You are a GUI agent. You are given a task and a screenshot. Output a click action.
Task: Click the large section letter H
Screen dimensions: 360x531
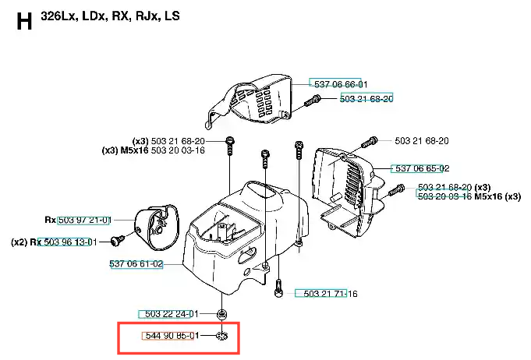pos(24,20)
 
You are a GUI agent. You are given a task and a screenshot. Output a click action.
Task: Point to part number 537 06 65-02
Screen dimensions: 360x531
pos(421,168)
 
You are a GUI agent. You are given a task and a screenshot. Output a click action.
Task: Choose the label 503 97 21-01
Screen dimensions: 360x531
pos(84,221)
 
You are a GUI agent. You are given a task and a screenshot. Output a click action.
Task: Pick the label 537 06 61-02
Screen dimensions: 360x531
pos(136,264)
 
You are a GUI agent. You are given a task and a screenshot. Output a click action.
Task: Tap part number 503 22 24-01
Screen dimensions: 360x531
pos(172,314)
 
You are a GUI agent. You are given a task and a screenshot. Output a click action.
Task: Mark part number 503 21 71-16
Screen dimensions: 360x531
pos(330,294)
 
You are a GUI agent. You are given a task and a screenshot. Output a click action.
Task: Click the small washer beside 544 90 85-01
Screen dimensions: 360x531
pos(221,336)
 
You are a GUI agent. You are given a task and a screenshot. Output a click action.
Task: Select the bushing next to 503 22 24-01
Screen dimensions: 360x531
pos(221,314)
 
